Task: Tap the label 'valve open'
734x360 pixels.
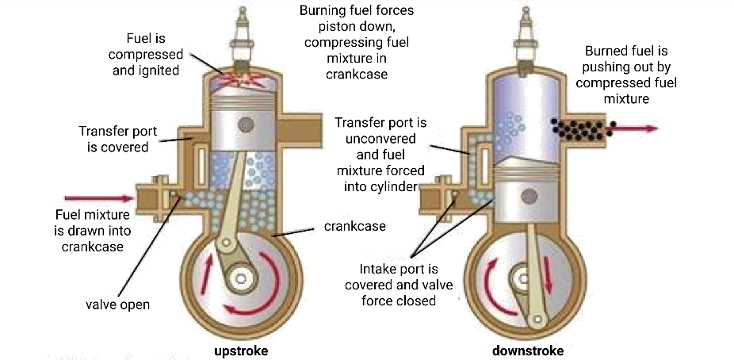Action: pyautogui.click(x=117, y=304)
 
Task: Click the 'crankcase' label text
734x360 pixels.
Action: pyautogui.click(x=354, y=226)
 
